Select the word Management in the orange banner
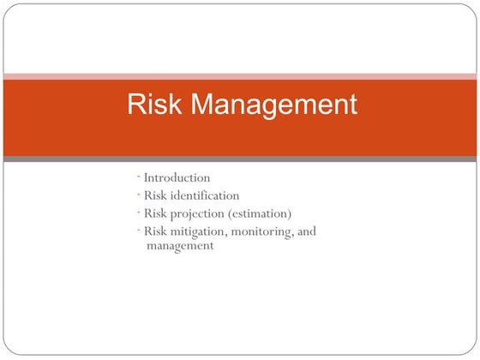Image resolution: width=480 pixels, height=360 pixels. pos(273,105)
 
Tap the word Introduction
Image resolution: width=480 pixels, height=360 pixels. pos(177,178)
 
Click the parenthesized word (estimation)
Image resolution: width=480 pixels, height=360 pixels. pos(261,213)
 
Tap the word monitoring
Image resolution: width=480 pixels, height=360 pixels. pos(263,231)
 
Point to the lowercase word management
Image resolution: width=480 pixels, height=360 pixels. pos(180,246)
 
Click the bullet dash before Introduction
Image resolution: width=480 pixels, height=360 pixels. pos(138,176)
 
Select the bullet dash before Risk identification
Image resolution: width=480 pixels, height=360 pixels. pos(138,193)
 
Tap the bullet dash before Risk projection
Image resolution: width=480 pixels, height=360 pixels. pos(138,211)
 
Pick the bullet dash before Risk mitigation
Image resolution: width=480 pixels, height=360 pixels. pos(138,228)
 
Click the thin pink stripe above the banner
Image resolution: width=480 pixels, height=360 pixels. pos(240,76)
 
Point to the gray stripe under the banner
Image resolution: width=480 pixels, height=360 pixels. pos(240,159)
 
